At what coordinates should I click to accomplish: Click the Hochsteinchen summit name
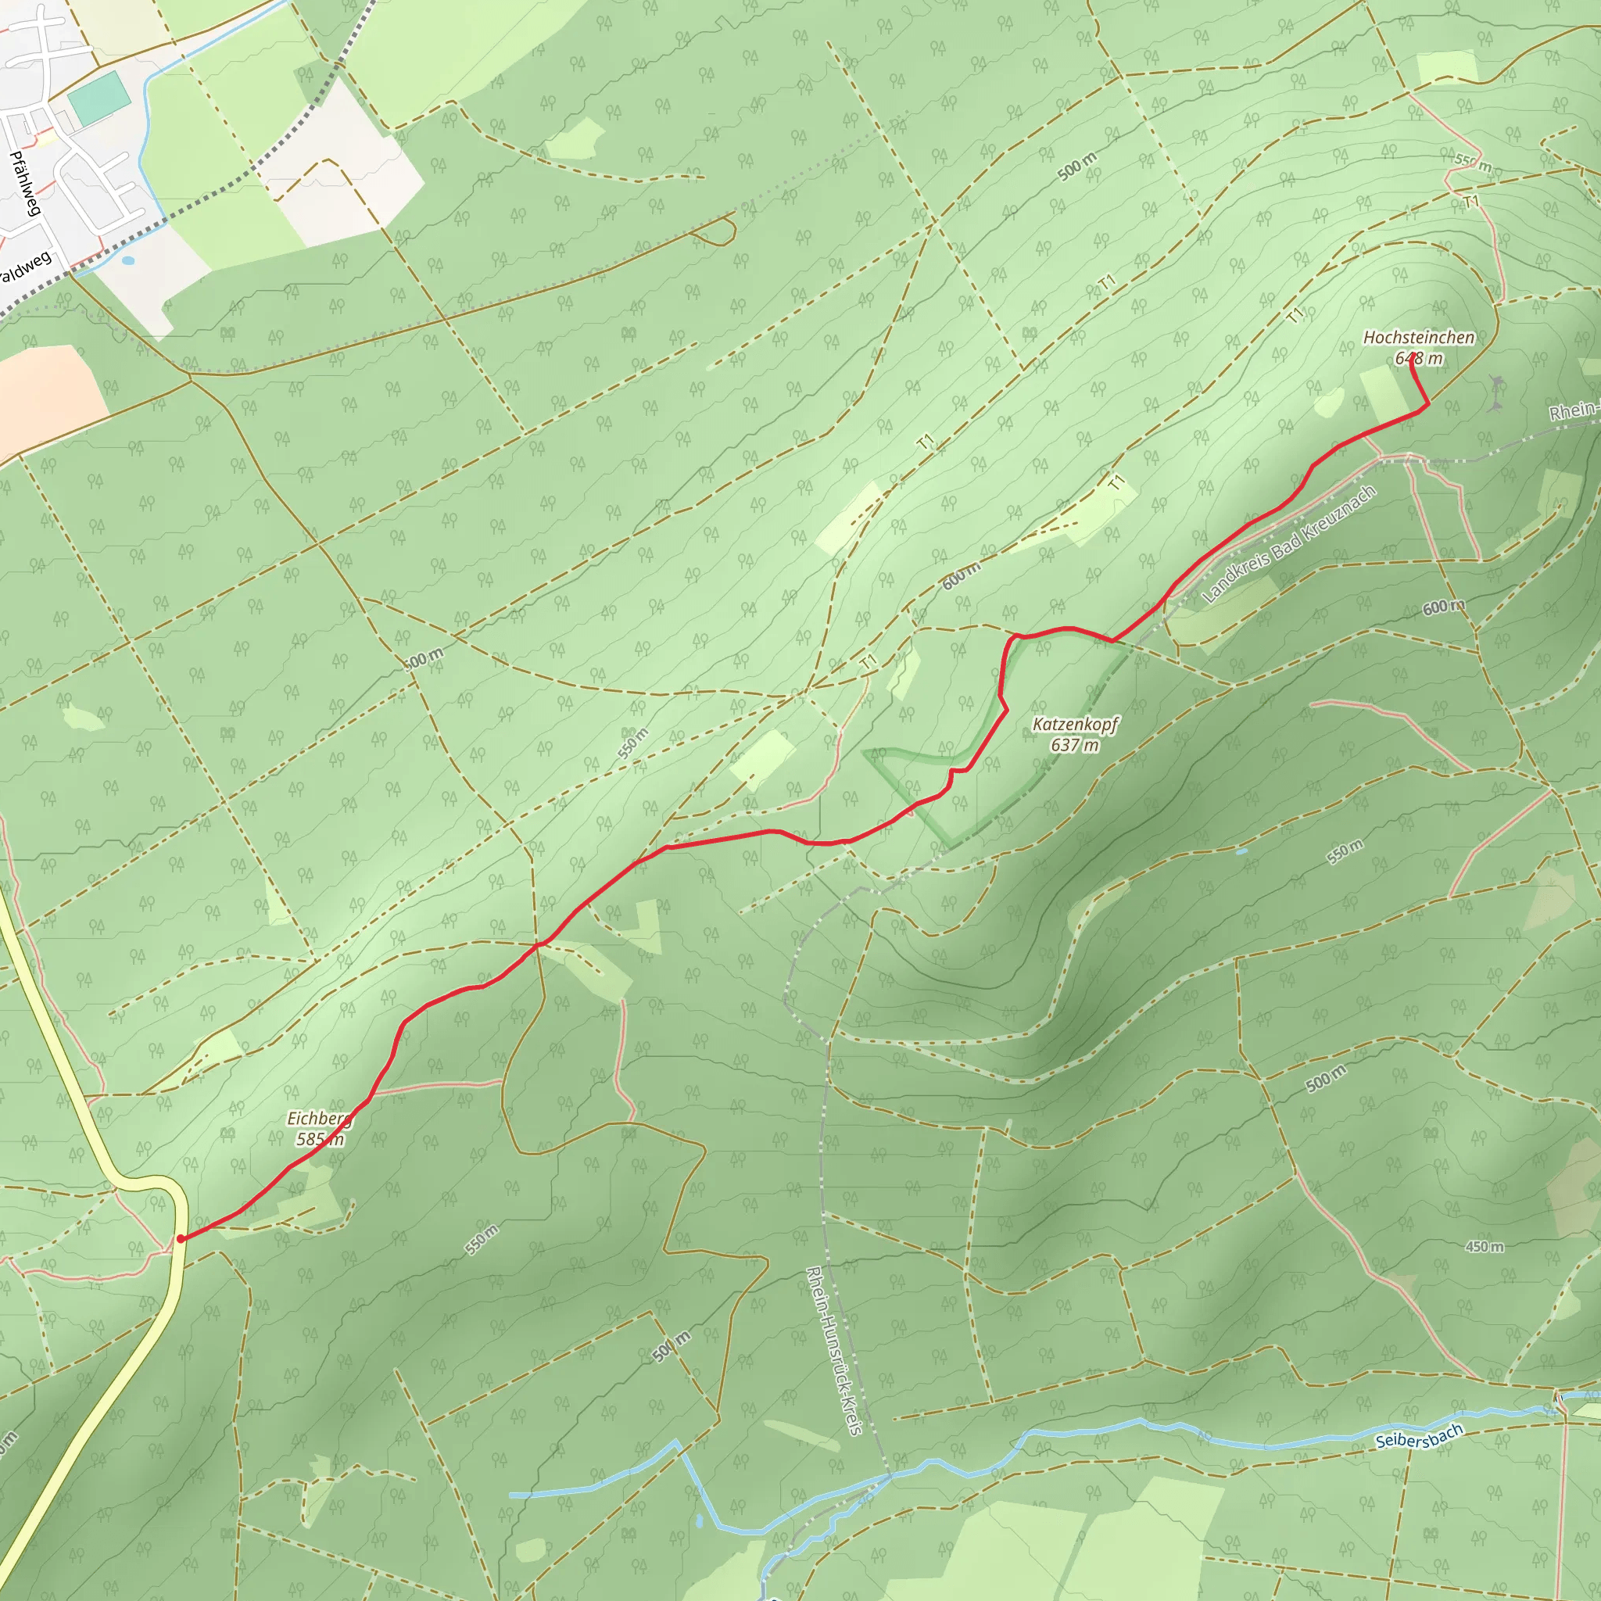click(1419, 337)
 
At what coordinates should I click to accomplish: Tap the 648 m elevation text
click(1419, 359)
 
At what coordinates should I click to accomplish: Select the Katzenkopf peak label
click(1075, 724)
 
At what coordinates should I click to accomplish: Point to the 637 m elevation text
click(1075, 745)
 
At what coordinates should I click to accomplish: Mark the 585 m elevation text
click(320, 1140)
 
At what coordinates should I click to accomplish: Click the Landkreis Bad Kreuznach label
click(1288, 543)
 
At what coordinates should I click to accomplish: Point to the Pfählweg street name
click(26, 183)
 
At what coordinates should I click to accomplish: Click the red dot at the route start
click(181, 1239)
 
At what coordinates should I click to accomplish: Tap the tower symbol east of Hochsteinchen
click(1496, 392)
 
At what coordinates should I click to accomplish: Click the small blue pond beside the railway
click(127, 260)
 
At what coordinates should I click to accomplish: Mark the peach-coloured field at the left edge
click(45, 398)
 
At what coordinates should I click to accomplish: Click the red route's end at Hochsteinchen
click(1412, 358)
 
